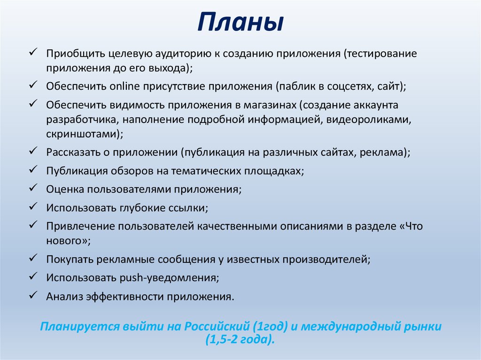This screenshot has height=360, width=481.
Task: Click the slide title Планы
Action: click(240, 22)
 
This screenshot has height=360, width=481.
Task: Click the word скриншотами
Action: click(83, 134)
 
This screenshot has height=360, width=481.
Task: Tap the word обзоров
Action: click(131, 171)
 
